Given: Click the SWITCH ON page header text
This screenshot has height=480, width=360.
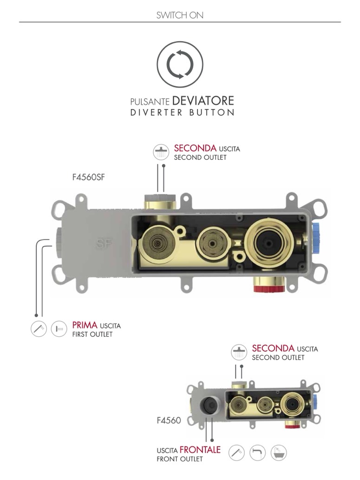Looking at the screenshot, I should pyautogui.click(x=180, y=15).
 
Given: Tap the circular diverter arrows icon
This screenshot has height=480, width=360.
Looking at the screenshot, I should pyautogui.click(x=180, y=65).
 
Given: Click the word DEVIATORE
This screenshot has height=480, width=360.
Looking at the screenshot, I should pyautogui.click(x=203, y=100).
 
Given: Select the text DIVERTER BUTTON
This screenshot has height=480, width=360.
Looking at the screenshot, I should pyautogui.click(x=182, y=113).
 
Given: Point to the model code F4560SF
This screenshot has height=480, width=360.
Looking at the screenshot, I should pyautogui.click(x=89, y=178).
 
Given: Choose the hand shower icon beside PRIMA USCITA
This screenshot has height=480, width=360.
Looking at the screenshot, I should pyautogui.click(x=39, y=329).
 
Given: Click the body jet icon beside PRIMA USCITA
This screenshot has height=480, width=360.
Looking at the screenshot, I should pyautogui.click(x=59, y=329).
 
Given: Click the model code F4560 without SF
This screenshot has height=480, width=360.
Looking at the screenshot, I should pyautogui.click(x=169, y=421).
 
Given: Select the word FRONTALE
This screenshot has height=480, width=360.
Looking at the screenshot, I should pyautogui.click(x=200, y=450).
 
